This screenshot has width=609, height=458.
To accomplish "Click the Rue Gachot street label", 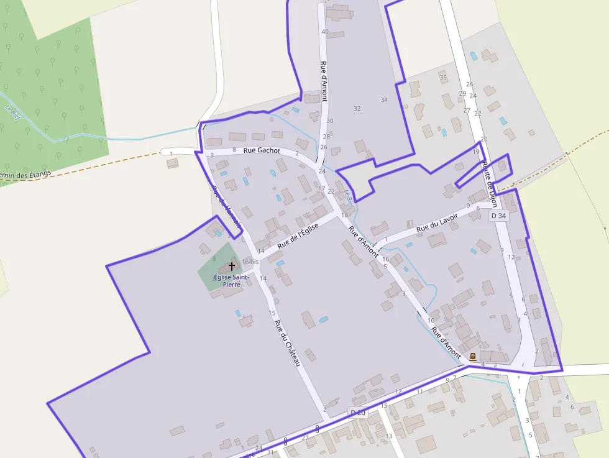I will pyautogui.click(x=262, y=150).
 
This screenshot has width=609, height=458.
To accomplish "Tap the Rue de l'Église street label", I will pyautogui.click(x=298, y=236).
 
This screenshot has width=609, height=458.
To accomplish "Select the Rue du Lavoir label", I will pyautogui.click(x=437, y=222).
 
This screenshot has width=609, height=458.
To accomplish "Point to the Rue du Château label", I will pyautogui.click(x=288, y=342).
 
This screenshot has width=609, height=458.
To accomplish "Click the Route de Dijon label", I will pyautogui.click(x=490, y=180).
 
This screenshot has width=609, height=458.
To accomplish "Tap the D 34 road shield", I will pyautogui.click(x=499, y=216).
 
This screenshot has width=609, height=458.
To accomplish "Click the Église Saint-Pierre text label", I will pyautogui.click(x=231, y=280).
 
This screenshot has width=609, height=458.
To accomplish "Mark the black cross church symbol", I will pyautogui.click(x=232, y=266).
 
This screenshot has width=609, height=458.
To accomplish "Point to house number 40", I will pyautogui.click(x=324, y=32).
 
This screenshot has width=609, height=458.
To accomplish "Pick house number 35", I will pyautogui.click(x=443, y=78).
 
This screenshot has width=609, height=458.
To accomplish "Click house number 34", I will pyautogui.click(x=384, y=100).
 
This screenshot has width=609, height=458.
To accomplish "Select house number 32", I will pyautogui.click(x=357, y=108).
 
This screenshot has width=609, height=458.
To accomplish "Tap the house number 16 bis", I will pyautogui.click(x=250, y=262).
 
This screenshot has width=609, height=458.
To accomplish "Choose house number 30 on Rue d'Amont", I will pyautogui.click(x=329, y=121).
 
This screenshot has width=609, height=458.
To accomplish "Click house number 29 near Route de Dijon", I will pyautogui.click(x=462, y=93).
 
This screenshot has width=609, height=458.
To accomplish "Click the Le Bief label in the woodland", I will pyautogui.click(x=11, y=110).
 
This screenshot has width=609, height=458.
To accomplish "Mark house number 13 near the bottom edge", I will pyautogui.click(x=389, y=436).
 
